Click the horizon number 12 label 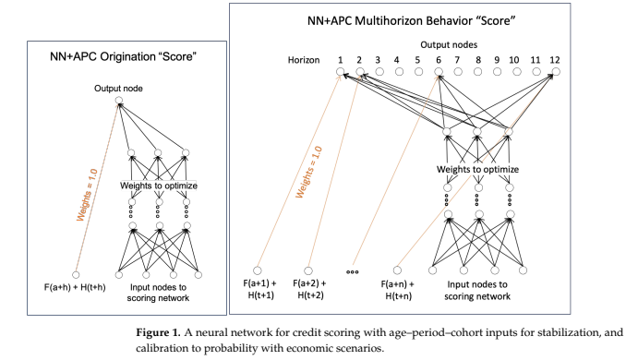pos(555,60)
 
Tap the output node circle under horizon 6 pos(439,72)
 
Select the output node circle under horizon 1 pos(340,72)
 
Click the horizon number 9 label pos(497,60)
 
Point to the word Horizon pos(304,60)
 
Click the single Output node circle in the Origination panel pos(118,100)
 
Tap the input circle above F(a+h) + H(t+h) pos(76,275)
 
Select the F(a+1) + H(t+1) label pos(260,289)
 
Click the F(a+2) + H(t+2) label pos(310,289)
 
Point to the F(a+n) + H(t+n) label pos(398,290)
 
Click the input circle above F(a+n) pos(397,270)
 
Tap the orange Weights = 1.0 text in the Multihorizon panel pos(308,172)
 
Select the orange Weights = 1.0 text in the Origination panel pos(87,195)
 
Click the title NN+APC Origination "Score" pos(124,56)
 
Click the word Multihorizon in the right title pos(383,20)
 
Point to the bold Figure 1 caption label pos(158,332)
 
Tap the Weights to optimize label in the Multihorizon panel pos(477,169)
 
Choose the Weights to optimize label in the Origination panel pos(159,186)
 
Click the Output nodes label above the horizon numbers pos(449,44)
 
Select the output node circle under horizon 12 pos(556,72)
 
